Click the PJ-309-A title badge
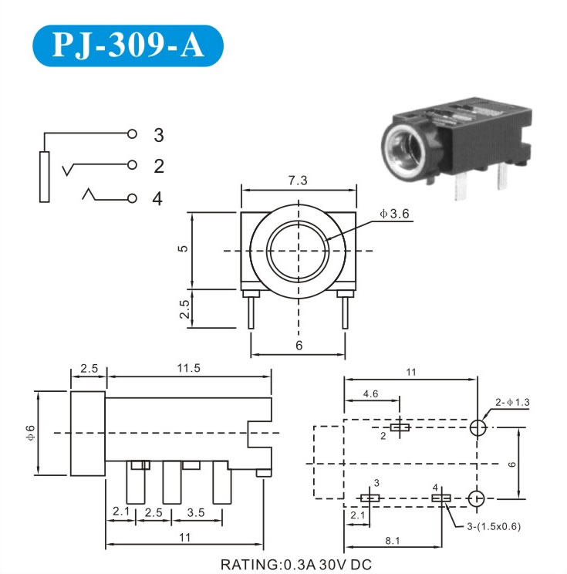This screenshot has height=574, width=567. [x=127, y=46]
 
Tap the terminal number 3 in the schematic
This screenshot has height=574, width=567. [x=158, y=136]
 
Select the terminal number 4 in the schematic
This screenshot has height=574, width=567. [x=158, y=198]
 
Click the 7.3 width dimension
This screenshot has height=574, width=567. [x=299, y=180]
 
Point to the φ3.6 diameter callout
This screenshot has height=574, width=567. [x=394, y=214]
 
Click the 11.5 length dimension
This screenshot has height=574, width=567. [x=188, y=368]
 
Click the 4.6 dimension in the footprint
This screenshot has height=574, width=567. [x=370, y=393]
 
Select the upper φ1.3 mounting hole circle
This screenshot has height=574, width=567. [x=478, y=427]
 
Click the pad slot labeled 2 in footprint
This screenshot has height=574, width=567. [x=400, y=427]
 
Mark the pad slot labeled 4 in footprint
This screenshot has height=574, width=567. [x=440, y=499]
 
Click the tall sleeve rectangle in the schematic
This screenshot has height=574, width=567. [x=44, y=177]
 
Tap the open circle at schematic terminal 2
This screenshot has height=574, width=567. [x=133, y=165]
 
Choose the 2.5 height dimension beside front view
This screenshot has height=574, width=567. [x=184, y=309]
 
